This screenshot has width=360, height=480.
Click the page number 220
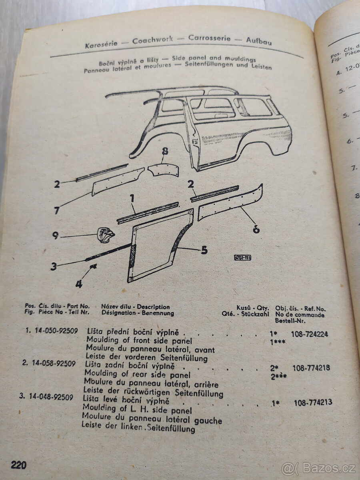coord(18,465)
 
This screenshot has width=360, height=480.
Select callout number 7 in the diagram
coord(57,210)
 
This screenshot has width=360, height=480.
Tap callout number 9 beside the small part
coord(56,236)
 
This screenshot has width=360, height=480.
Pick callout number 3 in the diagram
coord(54,266)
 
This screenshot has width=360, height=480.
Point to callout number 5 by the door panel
coord(204,251)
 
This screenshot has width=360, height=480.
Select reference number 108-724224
coord(310,334)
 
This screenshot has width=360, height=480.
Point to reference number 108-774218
coord(311,368)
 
